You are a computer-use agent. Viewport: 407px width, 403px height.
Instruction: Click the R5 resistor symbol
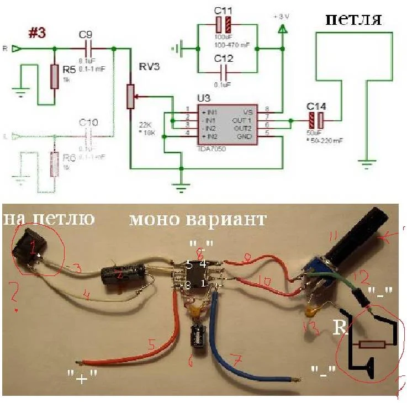coord(54,76)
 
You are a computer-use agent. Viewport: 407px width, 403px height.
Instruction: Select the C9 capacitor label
coord(85,35)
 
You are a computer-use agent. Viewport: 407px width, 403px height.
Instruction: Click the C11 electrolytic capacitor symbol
coord(224,25)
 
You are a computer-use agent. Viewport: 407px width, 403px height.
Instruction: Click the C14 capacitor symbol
coord(315,121)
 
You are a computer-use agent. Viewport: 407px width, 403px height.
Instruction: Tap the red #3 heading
coord(37,33)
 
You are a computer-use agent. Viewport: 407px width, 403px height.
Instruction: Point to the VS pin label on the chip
coord(248,111)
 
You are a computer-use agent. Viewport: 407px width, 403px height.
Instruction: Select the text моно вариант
coord(198,219)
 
